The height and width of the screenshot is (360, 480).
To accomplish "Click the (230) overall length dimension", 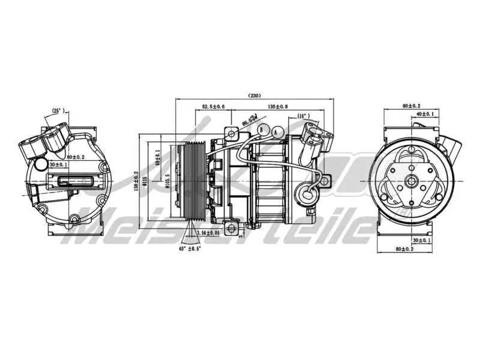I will pyautogui.click(x=255, y=95).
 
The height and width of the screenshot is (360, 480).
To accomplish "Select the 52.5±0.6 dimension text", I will pyautogui.click(x=214, y=106).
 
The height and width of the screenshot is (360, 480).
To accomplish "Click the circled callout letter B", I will pyautogui.click(x=262, y=129).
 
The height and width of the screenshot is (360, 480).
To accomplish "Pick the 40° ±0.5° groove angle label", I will pyautogui.click(x=190, y=248).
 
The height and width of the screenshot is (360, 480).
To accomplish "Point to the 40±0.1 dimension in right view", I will pyautogui.click(x=424, y=113).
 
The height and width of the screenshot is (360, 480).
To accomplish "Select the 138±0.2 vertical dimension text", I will pyautogui.click(x=136, y=181).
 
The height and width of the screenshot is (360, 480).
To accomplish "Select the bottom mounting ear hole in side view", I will pyautogui.click(x=235, y=227).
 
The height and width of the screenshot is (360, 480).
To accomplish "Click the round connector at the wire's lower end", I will pyautogui.click(x=308, y=194).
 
